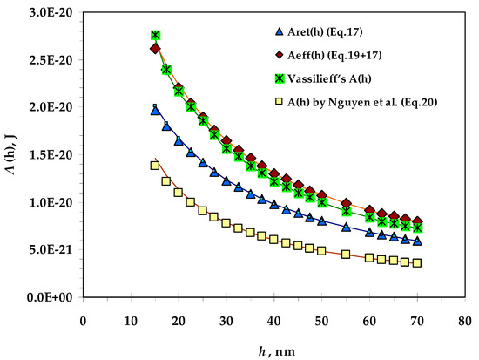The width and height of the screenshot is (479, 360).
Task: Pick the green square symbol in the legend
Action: [280, 77]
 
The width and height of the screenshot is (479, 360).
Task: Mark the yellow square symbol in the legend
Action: [280, 100]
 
